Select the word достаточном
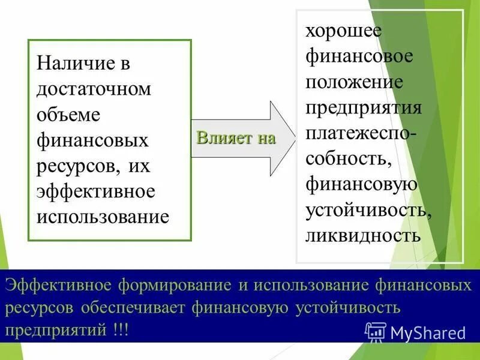click(94, 89)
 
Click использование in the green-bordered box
click(103, 216)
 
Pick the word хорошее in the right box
click(343, 30)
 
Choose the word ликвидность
click(363, 234)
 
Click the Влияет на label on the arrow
click(236, 138)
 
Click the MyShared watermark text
click(428, 332)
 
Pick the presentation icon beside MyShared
click(375, 332)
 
